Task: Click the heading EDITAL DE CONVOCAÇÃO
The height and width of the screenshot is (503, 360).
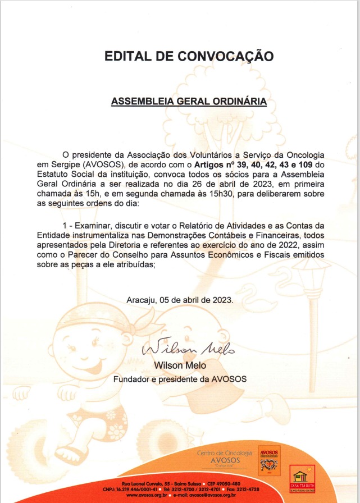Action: (x=189, y=56)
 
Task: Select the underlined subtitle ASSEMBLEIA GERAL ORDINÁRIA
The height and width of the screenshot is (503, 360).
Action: (x=189, y=102)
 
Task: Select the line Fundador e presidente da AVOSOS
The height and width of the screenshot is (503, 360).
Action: (x=180, y=379)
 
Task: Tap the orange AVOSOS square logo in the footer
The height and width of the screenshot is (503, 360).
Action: (x=269, y=460)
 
